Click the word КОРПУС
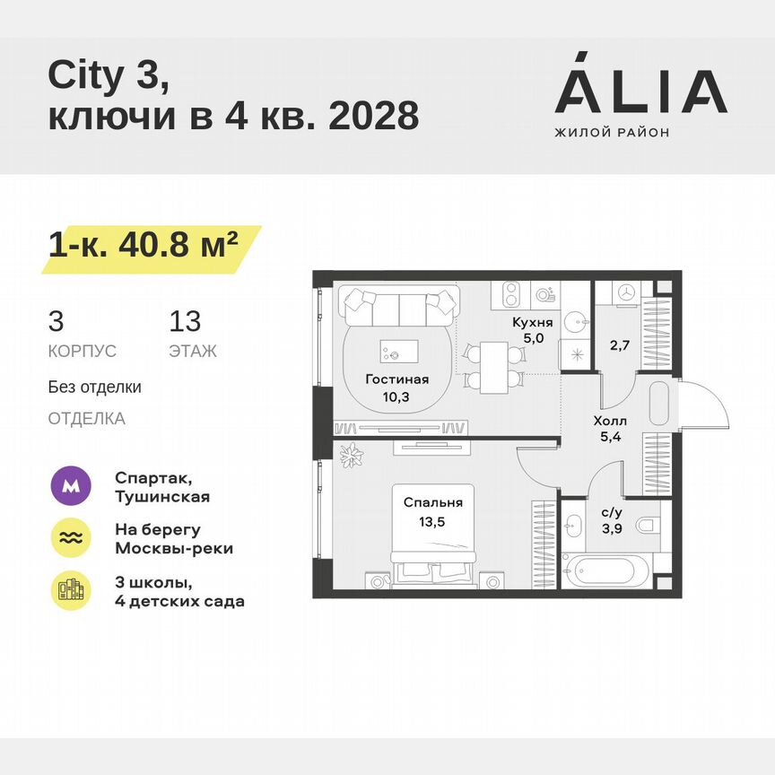[x=83, y=352]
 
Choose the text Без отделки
[x=95, y=387]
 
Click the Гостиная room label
[x=396, y=379]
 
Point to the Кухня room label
[x=532, y=322]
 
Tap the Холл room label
[x=609, y=420]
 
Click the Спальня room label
[x=432, y=502]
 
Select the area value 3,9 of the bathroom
[x=612, y=527]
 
